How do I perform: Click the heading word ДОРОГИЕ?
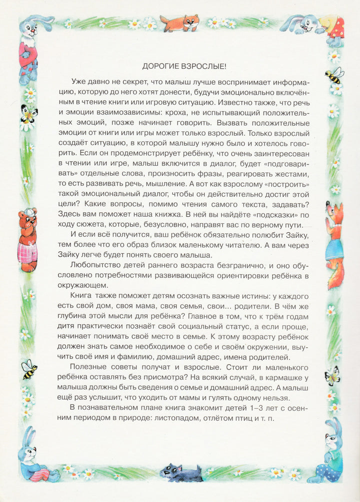click(159, 66)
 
